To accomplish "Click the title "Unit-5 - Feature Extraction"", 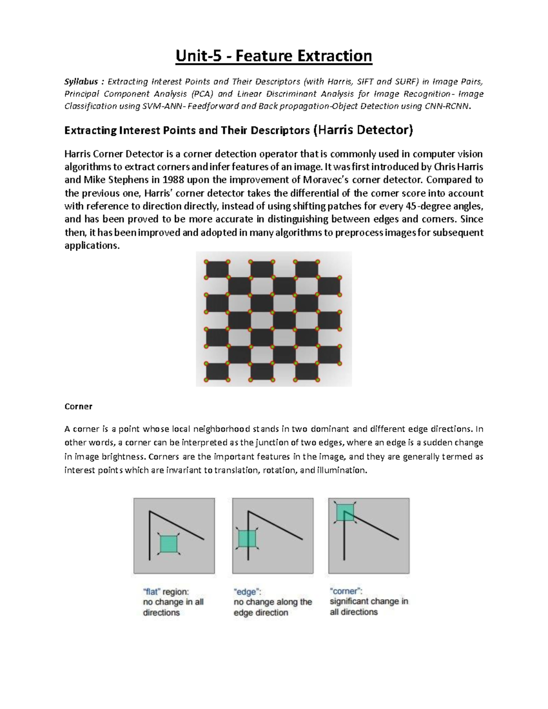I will click(x=274, y=56).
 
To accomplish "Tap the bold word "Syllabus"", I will click(x=81, y=82).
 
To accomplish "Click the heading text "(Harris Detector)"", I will click(x=363, y=131).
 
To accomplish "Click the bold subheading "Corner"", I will click(x=79, y=406).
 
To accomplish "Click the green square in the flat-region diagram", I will click(x=169, y=544).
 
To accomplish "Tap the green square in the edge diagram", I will click(x=247, y=539).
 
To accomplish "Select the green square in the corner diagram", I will click(x=345, y=512).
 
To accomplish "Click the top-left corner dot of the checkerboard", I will click(x=206, y=262).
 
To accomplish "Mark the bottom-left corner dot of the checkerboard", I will click(x=206, y=380).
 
